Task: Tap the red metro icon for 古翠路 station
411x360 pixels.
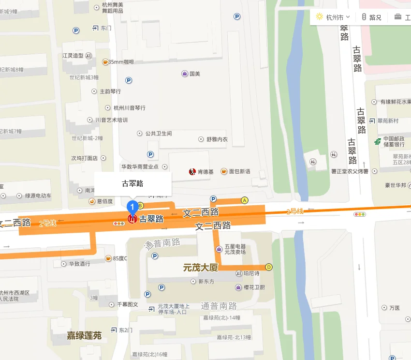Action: click(132, 219)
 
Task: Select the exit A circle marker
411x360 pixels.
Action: click(245, 200)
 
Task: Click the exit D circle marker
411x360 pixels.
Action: click(269, 267)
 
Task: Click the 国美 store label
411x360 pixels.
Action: click(194, 74)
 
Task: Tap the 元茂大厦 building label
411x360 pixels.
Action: click(200, 267)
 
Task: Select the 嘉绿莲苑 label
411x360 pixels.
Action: click(84, 335)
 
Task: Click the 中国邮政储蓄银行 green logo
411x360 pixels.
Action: click(377, 141)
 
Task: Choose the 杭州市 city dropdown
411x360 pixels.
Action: click(333, 17)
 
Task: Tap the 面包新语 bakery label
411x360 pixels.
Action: click(239, 171)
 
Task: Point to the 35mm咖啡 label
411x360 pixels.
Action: click(121, 62)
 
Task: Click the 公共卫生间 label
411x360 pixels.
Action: click(158, 133)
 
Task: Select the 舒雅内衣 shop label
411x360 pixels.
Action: click(217, 139)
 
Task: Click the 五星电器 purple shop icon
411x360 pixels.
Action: click(219, 249)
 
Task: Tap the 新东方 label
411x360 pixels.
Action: click(206, 281)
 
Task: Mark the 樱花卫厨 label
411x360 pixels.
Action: click(254, 287)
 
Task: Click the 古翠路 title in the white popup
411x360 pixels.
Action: click(132, 183)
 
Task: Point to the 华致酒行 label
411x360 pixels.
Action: click(79, 264)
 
